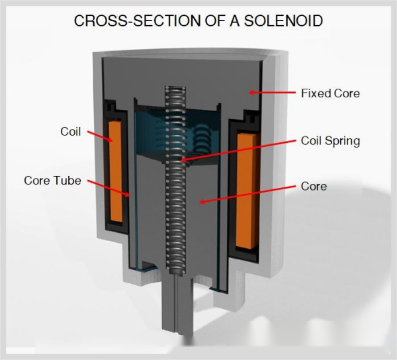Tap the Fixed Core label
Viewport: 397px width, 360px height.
pyautogui.click(x=330, y=93)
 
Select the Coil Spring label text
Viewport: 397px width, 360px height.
pyautogui.click(x=330, y=140)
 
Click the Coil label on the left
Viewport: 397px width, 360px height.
pyautogui.click(x=70, y=132)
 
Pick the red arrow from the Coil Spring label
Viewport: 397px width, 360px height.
pyautogui.click(x=238, y=150)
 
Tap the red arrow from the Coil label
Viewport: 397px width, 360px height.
pyautogui.click(x=98, y=137)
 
